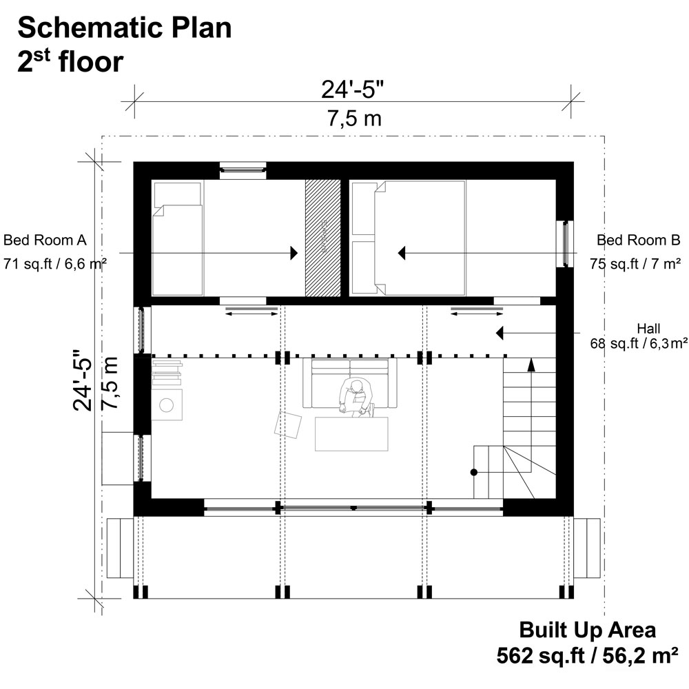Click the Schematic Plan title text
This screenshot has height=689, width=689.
tap(124, 29)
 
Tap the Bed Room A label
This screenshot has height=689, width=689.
tap(45, 240)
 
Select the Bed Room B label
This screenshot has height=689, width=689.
tap(638, 240)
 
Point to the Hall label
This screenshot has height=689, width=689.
tap(650, 327)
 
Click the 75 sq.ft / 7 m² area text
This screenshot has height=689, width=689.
tap(635, 263)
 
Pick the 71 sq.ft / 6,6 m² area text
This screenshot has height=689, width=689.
tap(54, 263)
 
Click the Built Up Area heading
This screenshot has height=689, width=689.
tap(587, 630)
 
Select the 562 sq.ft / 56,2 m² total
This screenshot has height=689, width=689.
tap(588, 656)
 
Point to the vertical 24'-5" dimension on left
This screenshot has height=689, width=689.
tap(84, 379)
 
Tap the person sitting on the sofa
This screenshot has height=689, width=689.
tap(356, 398)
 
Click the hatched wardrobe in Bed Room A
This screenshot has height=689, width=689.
tap(323, 238)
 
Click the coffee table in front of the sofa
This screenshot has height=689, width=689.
tap(351, 434)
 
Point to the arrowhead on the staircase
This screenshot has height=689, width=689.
tap(531, 364)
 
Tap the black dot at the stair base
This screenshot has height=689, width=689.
tap(474, 472)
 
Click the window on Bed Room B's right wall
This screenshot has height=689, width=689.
tap(565, 244)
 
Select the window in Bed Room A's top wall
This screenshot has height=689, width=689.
tap(243, 169)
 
